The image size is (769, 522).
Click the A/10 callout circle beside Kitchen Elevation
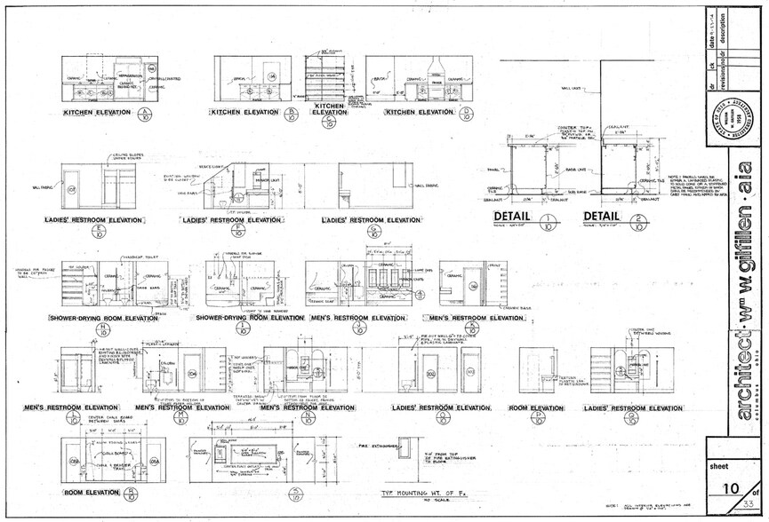(x=146, y=114)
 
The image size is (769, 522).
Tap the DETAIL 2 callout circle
(x=637, y=221)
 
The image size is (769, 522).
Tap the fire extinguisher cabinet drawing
(x=405, y=448)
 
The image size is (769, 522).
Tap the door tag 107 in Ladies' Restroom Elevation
(x=71, y=188)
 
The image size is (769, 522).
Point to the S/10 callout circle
(x=296, y=494)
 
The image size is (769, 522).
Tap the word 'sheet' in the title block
(x=719, y=464)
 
